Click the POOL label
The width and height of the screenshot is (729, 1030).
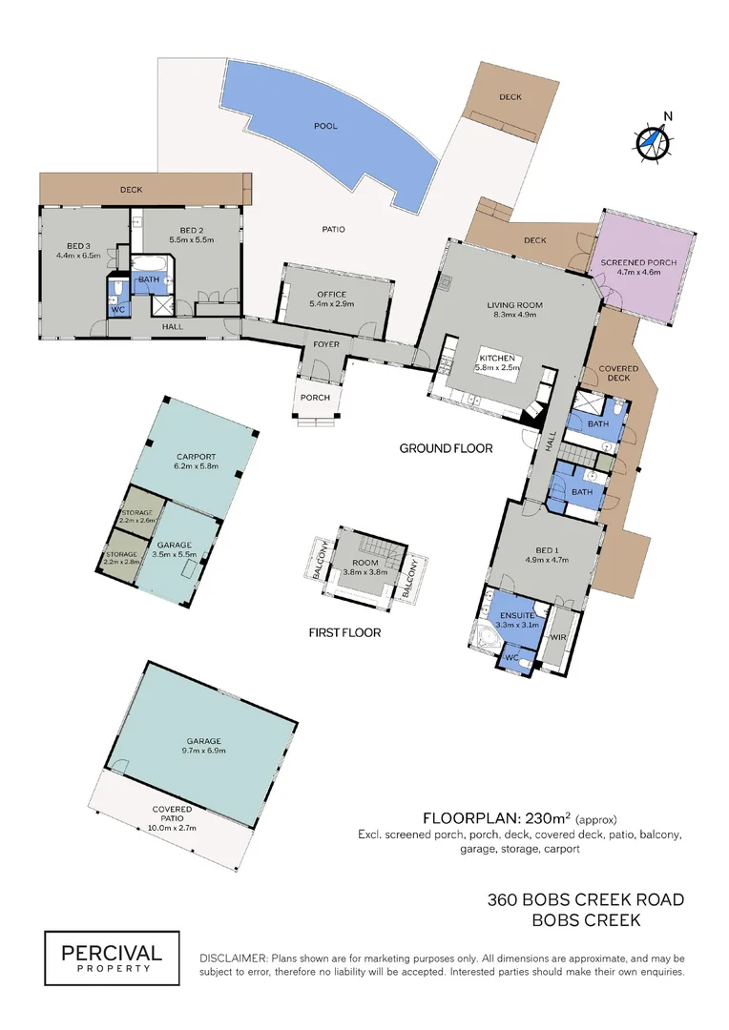point(325,126)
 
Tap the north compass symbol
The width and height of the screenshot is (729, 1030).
point(653,139)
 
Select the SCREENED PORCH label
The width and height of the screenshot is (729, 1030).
point(638,262)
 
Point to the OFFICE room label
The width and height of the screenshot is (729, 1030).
point(331,295)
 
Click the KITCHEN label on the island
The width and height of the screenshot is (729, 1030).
point(497,358)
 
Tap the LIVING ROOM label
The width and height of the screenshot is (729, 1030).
point(514,305)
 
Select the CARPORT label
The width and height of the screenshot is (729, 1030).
point(196,457)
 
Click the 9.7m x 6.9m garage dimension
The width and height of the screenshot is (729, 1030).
point(204,751)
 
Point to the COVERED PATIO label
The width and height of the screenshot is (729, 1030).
point(172,814)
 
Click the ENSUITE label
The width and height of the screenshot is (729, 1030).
point(517,615)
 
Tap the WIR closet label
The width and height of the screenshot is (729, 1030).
point(558,637)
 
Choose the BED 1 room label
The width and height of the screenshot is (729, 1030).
point(546,550)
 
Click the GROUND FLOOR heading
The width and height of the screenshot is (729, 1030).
point(447,448)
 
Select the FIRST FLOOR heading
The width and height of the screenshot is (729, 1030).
point(344,632)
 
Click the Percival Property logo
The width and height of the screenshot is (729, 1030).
point(112,958)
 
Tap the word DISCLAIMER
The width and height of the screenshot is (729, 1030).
point(234,958)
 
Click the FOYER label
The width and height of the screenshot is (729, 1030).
point(326,344)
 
